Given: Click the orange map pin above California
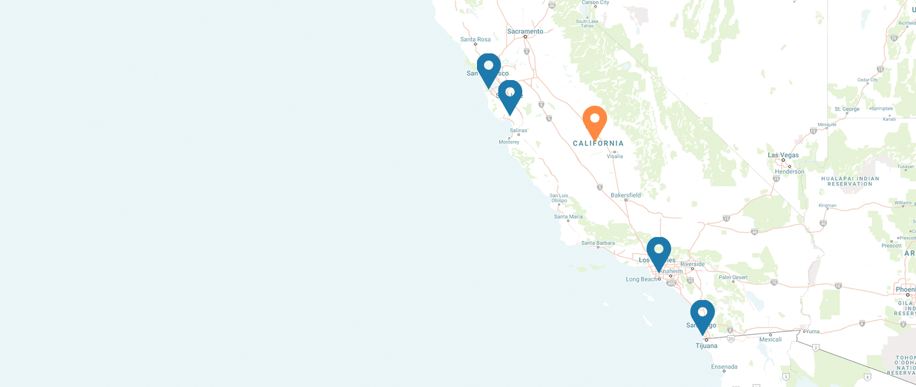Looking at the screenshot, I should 594,120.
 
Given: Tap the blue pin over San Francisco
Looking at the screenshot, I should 488,68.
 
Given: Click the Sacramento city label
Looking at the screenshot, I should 525,31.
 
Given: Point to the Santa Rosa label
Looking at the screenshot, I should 475,40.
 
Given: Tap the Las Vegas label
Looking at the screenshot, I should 783,155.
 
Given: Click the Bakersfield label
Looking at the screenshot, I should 626,195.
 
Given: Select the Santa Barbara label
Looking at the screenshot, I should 598,243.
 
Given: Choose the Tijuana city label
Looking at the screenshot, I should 706,346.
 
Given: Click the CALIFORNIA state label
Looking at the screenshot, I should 598,144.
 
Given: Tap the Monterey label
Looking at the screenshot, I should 509,142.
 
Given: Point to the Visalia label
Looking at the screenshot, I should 615,156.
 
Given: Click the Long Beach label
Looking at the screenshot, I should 642,279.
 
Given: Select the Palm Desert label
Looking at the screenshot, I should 733,278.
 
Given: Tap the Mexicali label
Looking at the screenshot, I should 770,339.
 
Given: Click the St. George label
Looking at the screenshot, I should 847,109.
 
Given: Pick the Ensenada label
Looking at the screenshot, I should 724,367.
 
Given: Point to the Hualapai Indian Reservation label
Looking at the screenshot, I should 850,181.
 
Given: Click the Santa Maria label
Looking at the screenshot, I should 568,217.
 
